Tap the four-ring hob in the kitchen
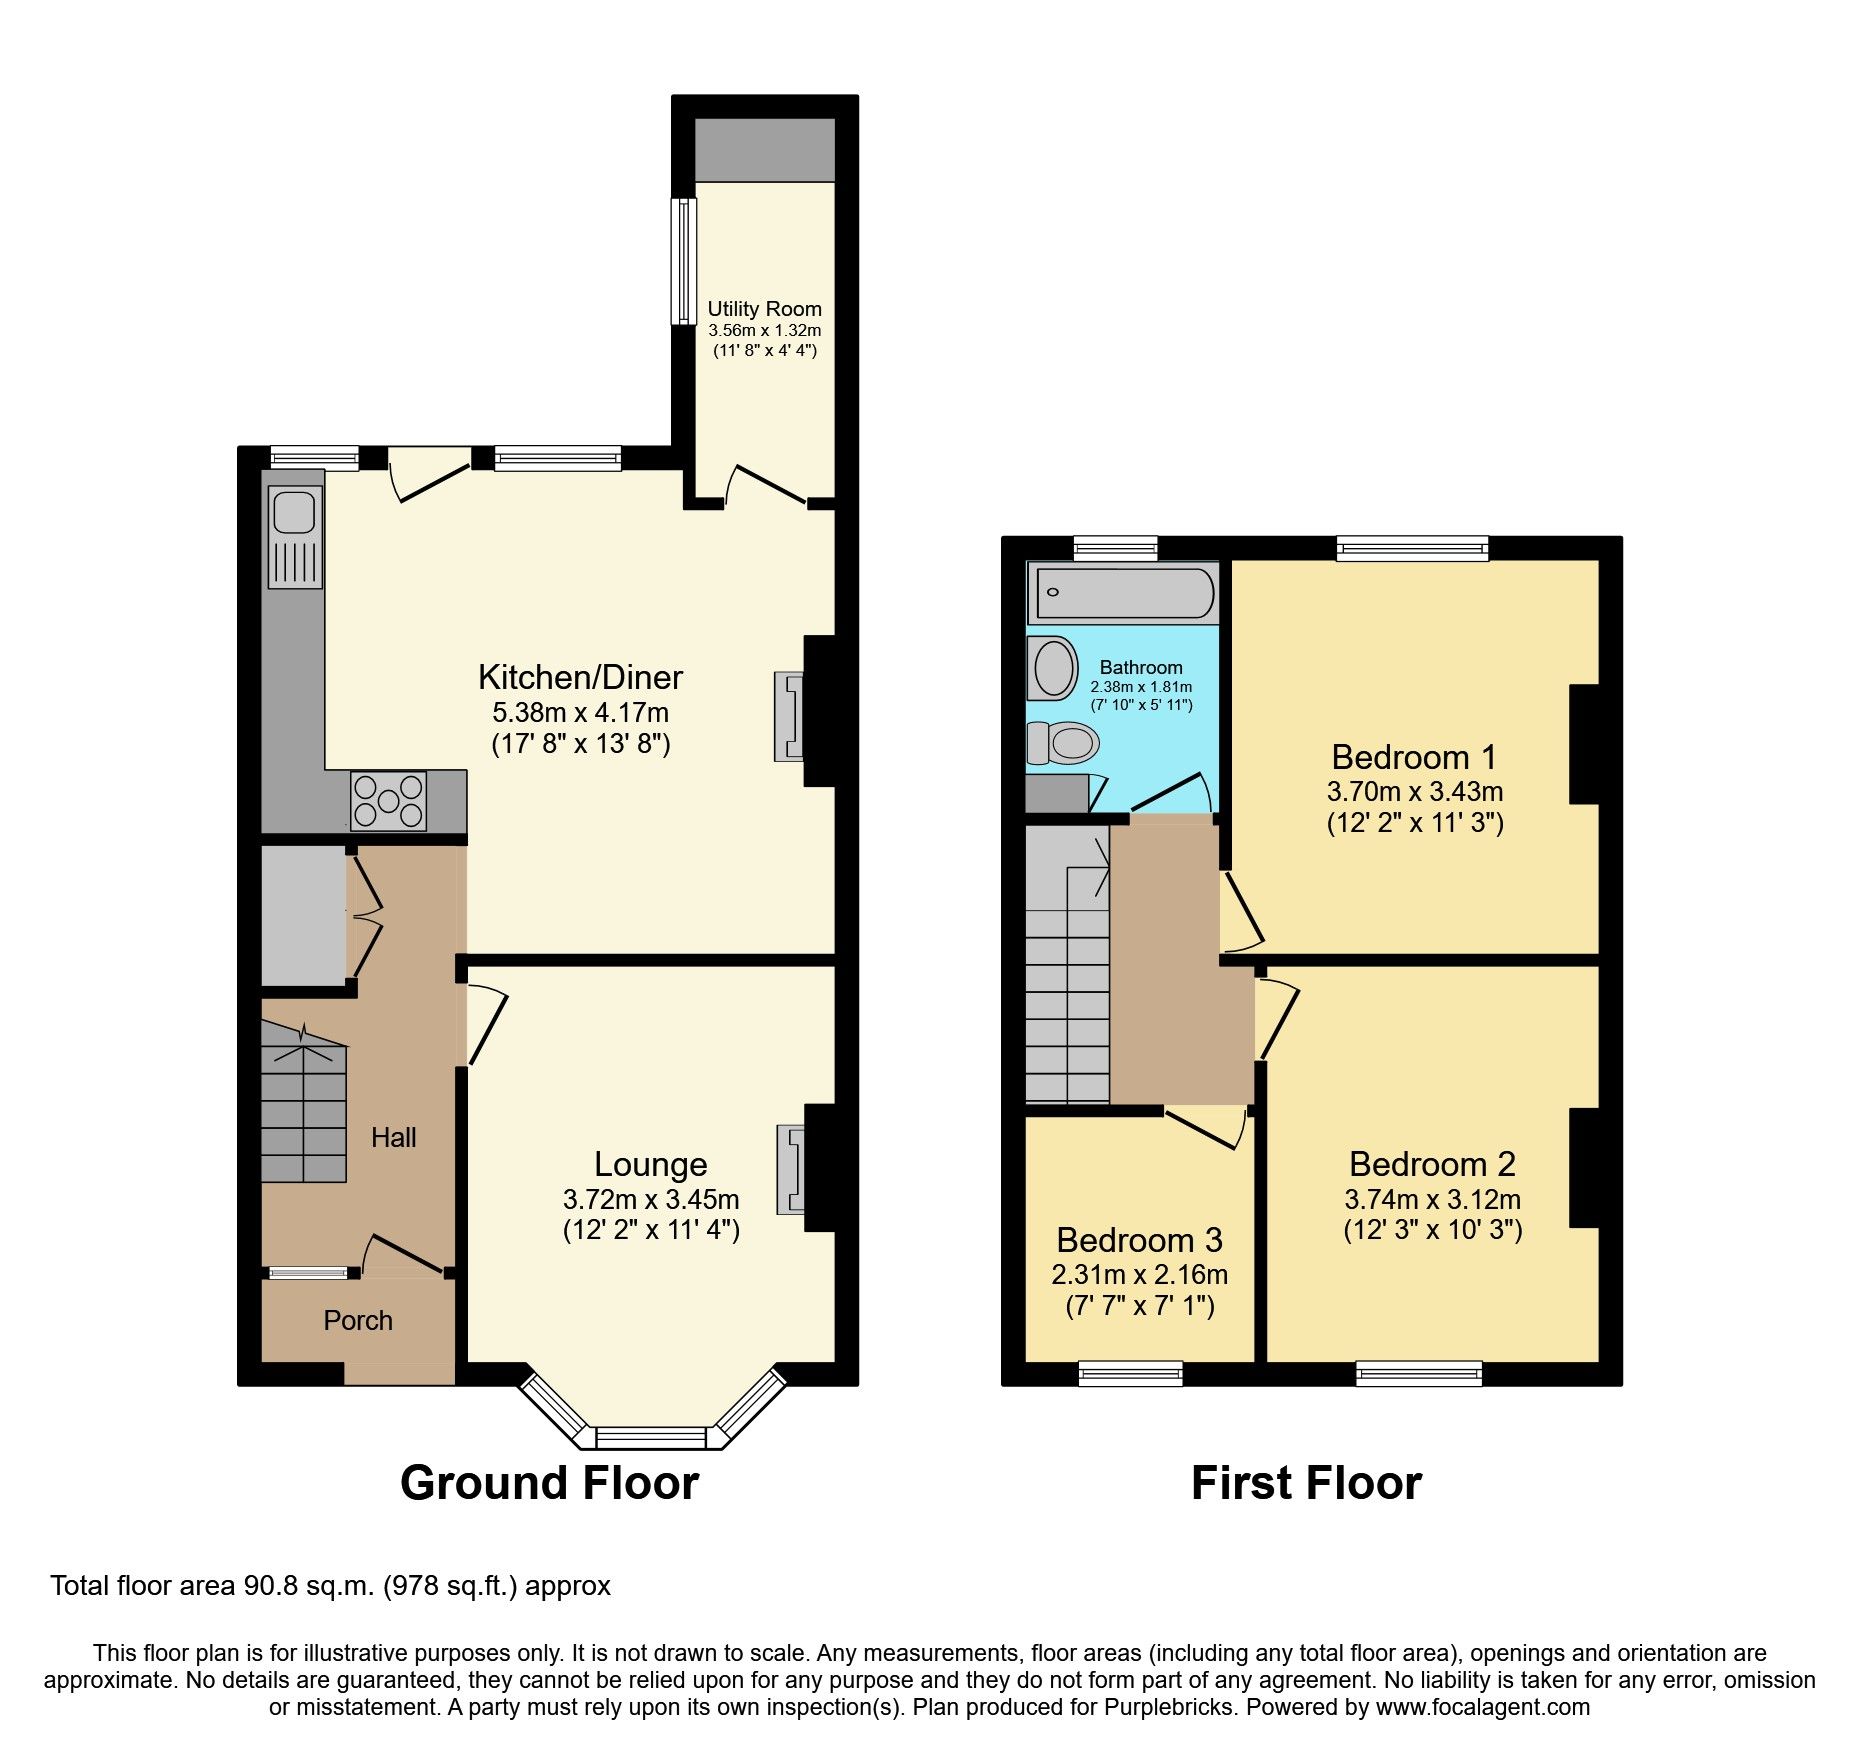[388, 801]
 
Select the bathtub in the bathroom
[1124, 593]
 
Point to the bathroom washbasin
[1053, 668]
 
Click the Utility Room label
[764, 309]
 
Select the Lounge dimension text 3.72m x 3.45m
[651, 1199]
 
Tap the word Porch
[358, 1320]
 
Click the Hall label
[393, 1137]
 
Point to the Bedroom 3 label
[1139, 1240]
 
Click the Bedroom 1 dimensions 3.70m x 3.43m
[1414, 791]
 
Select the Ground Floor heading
[549, 1482]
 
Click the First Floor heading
[1306, 1482]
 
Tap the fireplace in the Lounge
[791, 1168]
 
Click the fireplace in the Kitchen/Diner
[788, 716]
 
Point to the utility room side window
[683, 261]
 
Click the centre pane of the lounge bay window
[650, 1438]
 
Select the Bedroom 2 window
[1418, 1374]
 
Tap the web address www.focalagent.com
[1482, 1707]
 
